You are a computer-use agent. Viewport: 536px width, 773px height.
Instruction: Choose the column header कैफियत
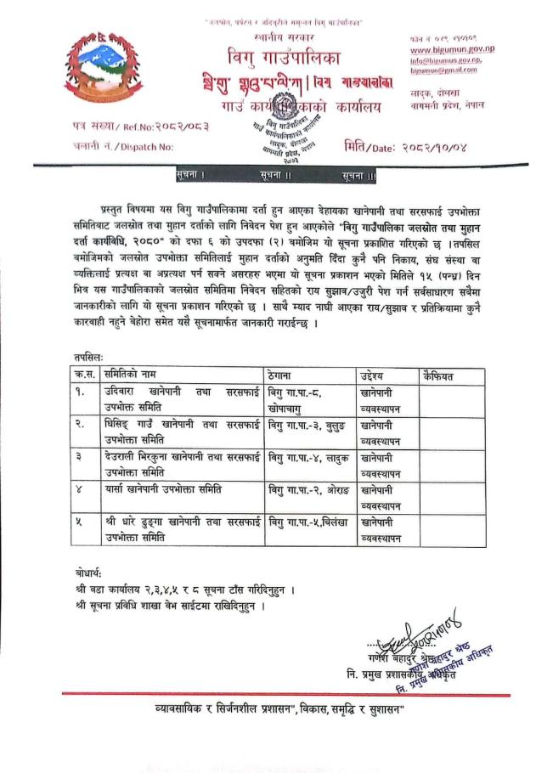(438, 375)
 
